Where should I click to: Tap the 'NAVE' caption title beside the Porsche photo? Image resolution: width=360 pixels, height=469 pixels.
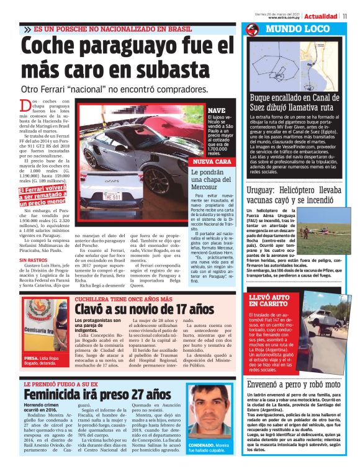(x=216, y=110)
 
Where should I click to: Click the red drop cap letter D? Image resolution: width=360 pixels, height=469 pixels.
(x=24, y=106)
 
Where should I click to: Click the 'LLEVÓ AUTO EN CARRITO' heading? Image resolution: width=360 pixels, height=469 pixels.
(x=268, y=302)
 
